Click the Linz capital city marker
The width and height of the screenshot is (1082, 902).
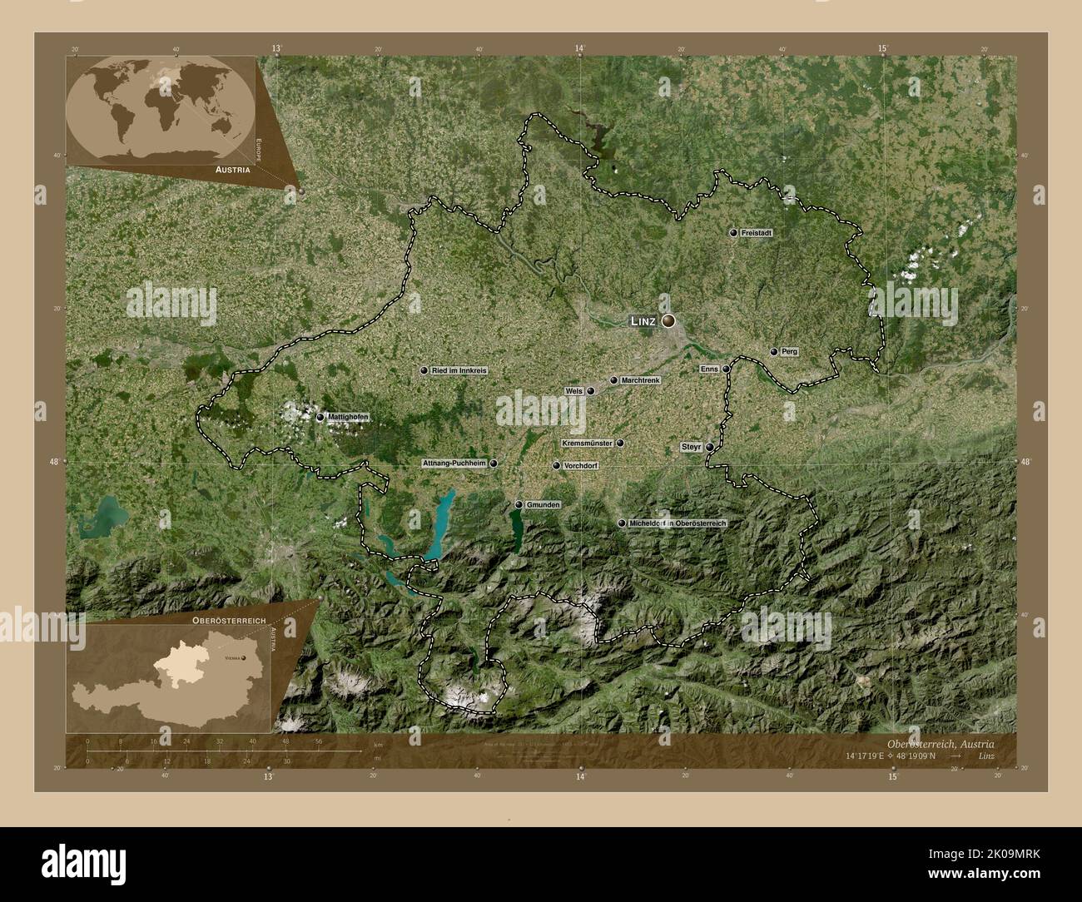(x=668, y=320)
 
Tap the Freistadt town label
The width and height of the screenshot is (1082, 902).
(x=756, y=234)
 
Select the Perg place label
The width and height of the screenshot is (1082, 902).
(x=789, y=352)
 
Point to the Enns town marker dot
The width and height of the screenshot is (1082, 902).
(x=726, y=369)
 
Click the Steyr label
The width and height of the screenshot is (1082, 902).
(x=692, y=447)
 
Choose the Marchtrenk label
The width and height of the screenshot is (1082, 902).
(x=640, y=380)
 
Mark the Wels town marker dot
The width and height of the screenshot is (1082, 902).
(x=591, y=391)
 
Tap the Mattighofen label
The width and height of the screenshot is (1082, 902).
(x=347, y=417)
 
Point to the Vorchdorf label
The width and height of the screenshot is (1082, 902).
(x=580, y=466)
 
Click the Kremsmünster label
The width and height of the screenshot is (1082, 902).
(x=588, y=444)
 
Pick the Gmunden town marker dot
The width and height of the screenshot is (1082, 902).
(x=519, y=504)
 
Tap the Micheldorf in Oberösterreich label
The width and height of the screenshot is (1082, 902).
(x=678, y=523)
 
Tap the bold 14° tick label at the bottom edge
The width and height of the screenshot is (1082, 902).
(x=580, y=776)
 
